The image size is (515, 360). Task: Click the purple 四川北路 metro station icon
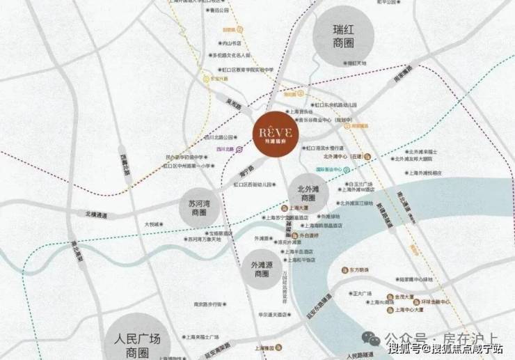[239, 149]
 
